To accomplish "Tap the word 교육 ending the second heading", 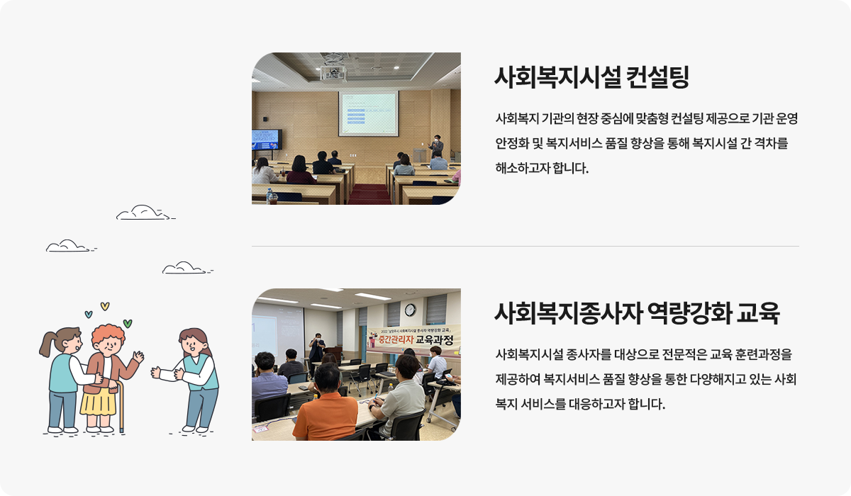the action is point(758,313).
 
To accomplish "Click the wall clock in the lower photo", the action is point(410,310).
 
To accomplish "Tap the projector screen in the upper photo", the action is point(369,113).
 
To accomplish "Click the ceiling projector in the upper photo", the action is point(333,73).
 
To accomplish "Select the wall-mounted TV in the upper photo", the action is point(267,140).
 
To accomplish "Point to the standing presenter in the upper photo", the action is point(437,146).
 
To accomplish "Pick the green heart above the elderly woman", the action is point(128,323).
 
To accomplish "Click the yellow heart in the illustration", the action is point(105,306).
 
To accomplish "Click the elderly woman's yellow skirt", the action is point(98,402).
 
